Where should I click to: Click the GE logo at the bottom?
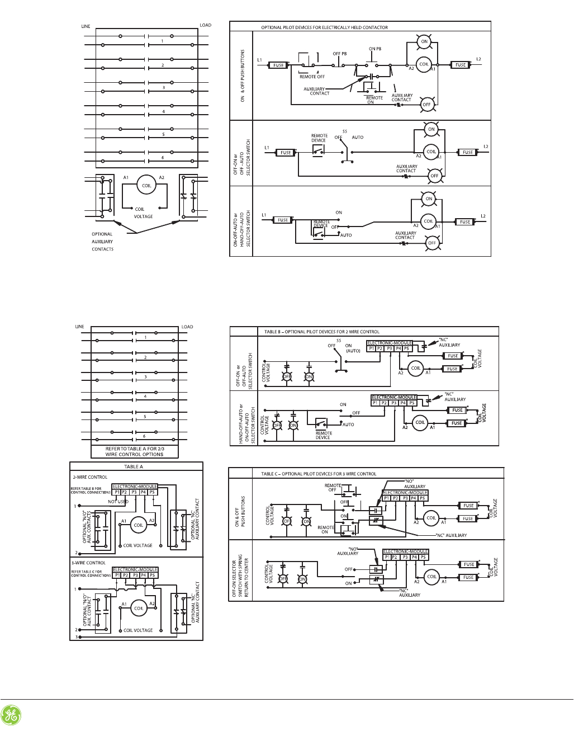pos(11,716)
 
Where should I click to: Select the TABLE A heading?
pos(134,466)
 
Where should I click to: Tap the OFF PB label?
pos(340,54)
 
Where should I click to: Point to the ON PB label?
pos(375,49)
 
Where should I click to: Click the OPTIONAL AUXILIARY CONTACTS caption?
pos(102,242)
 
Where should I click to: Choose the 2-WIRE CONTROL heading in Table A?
pos(90,477)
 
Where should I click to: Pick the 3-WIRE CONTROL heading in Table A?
pos(89,563)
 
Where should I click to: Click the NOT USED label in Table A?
pos(118,502)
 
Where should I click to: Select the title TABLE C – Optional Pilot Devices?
pos(319,474)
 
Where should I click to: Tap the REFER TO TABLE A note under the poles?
pos(135,451)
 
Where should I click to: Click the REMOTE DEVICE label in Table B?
pos(323,435)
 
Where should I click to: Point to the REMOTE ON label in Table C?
pos(326,530)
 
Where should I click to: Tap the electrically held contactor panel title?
pos(324,27)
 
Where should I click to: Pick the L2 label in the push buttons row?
pos(478,59)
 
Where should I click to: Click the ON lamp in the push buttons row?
pos(424,41)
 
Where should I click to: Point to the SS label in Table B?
pos(339,340)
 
